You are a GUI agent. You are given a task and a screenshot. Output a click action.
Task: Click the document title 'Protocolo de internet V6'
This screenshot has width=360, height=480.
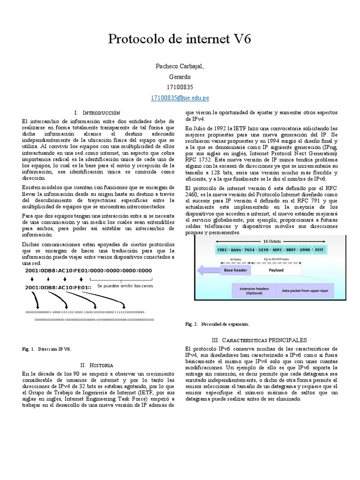coord(180,39)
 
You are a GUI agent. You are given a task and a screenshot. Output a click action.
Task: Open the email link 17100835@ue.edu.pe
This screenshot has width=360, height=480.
coord(180,97)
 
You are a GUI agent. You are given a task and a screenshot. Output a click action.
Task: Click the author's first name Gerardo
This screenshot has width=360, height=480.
coord(180,77)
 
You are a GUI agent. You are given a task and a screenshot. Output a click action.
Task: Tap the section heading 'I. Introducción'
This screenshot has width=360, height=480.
coord(97,113)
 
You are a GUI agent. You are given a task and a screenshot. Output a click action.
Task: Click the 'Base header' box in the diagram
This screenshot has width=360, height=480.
coord(235,270)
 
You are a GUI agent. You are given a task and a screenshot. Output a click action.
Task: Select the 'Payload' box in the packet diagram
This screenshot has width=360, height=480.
coord(276,270)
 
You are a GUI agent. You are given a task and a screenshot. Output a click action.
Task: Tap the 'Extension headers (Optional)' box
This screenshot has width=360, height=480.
coord(254,291)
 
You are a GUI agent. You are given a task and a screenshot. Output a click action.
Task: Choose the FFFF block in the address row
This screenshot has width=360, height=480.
coord(320,250)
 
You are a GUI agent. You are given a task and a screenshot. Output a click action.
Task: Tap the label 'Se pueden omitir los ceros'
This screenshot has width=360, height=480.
coord(125,285)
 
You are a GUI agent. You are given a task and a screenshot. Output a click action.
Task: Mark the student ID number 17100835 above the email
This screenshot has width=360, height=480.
coord(180,87)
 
